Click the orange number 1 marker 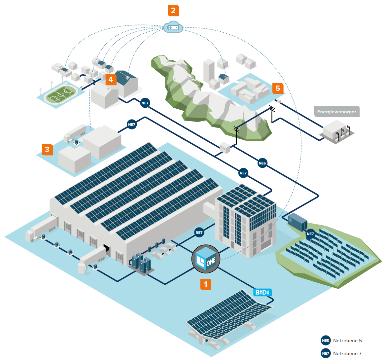[206, 284]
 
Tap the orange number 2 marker [173, 11]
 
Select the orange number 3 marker [47, 150]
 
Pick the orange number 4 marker [111, 80]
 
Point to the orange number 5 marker [278, 88]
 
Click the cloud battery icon [173, 27]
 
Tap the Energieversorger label [336, 112]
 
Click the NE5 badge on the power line [262, 163]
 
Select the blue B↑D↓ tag [263, 292]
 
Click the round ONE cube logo [206, 259]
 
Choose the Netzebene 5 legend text [347, 341]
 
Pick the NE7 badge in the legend [326, 353]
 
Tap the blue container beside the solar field [297, 221]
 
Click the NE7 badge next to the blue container [310, 234]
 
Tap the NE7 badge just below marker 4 [145, 103]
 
